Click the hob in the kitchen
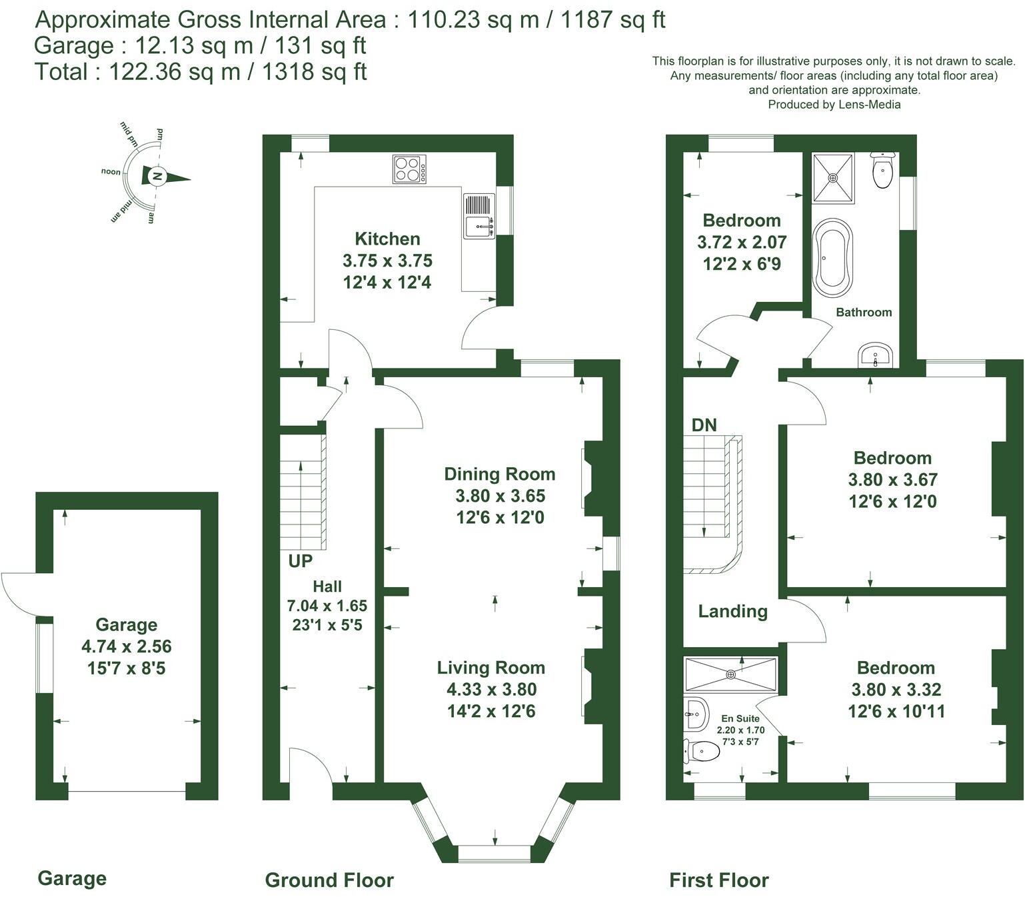coord(409,169)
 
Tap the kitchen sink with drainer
coord(478,215)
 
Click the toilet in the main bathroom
coord(882,171)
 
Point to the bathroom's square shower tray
coord(832,178)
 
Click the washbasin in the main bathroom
coord(875,355)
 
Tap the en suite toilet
coord(702,752)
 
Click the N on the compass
coord(156,177)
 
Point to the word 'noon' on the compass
coord(111,172)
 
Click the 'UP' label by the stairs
coord(300,561)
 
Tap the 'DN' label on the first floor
coord(704,425)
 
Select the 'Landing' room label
coord(732,611)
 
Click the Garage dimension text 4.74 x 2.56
coord(126,646)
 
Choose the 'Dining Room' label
coord(499,474)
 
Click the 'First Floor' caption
coord(718,880)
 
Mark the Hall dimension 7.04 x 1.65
coord(327,606)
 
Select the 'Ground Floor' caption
coord(329,880)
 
